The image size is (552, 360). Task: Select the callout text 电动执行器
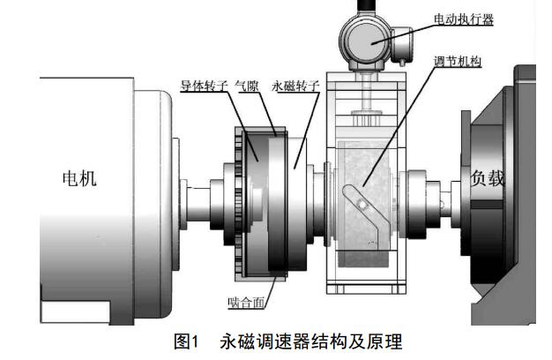pyautogui.click(x=462, y=18)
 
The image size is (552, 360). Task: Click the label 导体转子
pyautogui.click(x=202, y=86)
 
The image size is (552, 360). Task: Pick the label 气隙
pyautogui.click(x=244, y=86)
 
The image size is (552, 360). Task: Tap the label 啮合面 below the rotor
pyautogui.click(x=244, y=303)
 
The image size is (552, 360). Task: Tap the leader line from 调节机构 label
pyautogui.click(x=406, y=132)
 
